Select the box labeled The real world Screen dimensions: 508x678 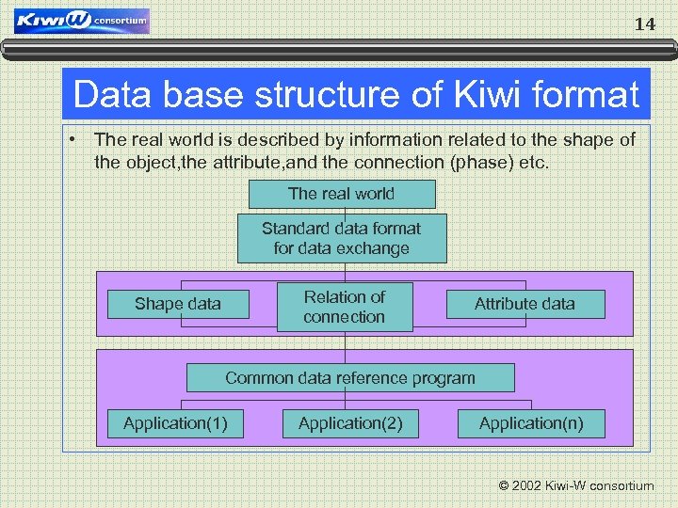(341, 194)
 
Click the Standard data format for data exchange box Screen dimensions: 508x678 (341, 238)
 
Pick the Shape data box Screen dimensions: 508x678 (178, 304)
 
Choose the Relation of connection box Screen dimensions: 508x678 (345, 307)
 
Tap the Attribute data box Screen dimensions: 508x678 (525, 304)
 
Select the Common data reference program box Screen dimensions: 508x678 (350, 378)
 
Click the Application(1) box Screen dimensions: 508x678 (175, 423)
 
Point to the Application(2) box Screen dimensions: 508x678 (350, 423)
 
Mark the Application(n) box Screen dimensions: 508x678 (531, 423)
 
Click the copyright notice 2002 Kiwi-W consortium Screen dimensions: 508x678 (575, 486)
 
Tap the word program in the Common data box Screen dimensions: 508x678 (444, 378)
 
